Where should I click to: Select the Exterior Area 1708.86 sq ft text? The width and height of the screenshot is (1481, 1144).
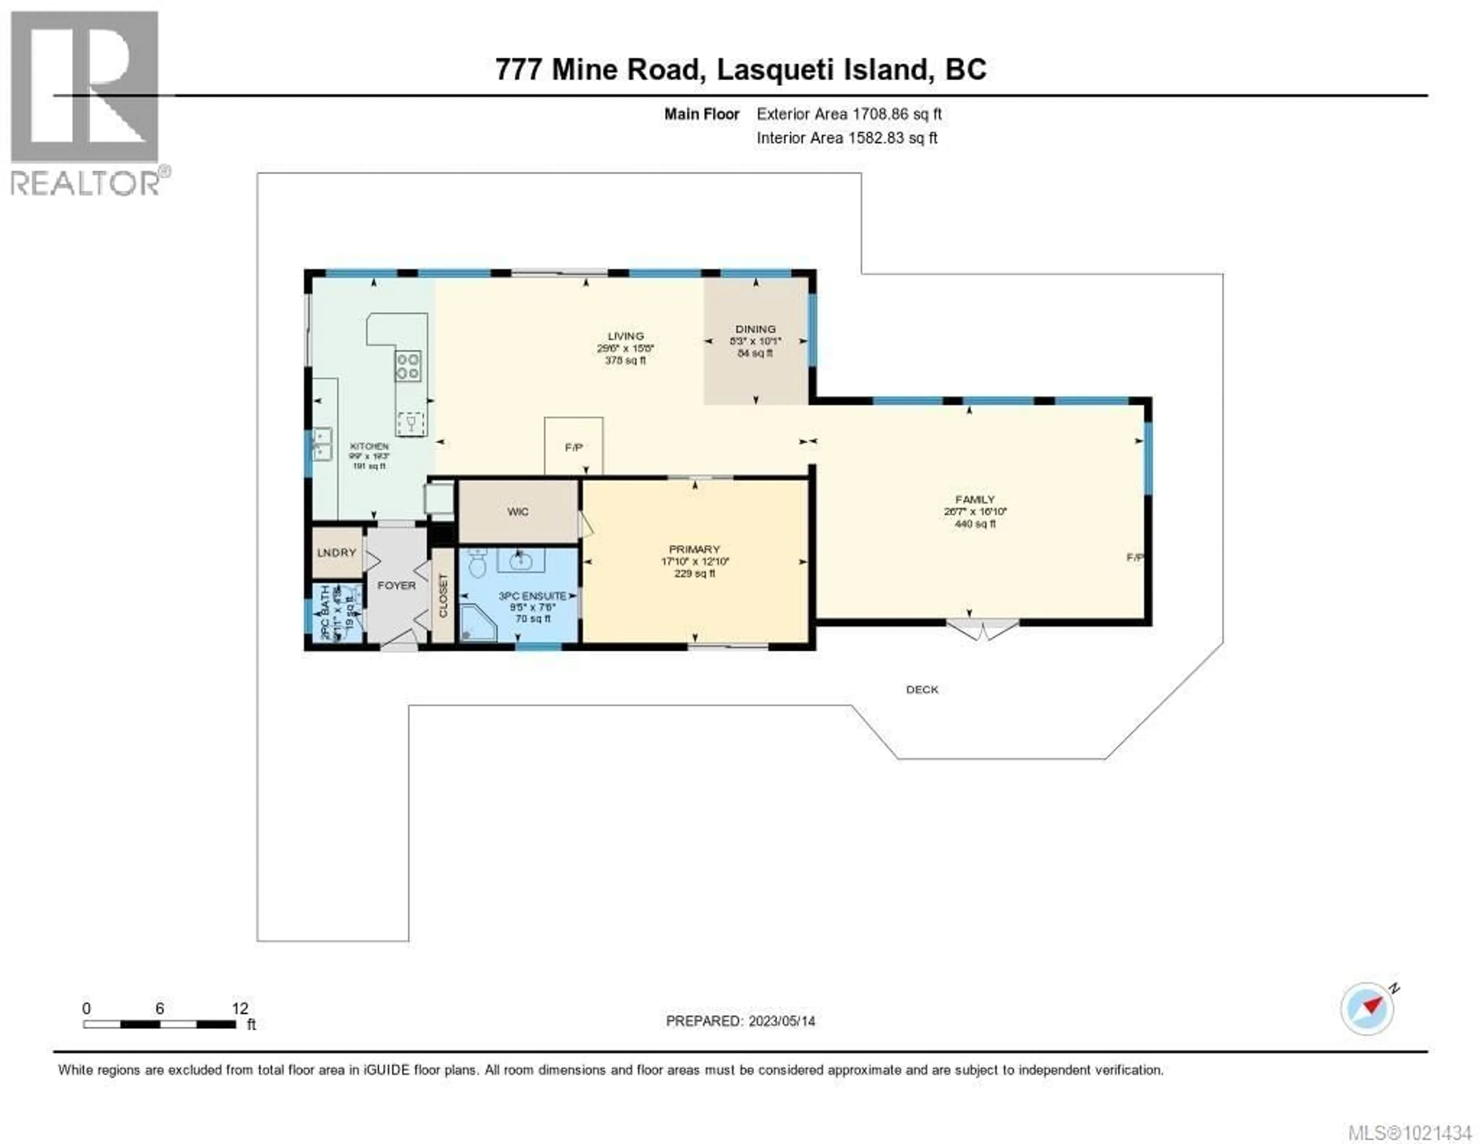coord(849,114)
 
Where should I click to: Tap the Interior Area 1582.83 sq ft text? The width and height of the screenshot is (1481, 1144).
coord(846,138)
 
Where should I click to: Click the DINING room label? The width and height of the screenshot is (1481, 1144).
coord(756,329)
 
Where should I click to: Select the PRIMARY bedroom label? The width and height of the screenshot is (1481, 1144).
coord(694,549)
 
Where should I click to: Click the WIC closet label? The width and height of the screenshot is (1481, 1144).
coord(518,512)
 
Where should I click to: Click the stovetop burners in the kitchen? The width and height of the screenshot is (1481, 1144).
coord(408,366)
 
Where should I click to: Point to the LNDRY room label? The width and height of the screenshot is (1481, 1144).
coord(336,553)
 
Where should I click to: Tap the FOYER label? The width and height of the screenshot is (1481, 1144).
coord(397,585)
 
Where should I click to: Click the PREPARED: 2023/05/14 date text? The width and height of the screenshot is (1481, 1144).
coord(740,1021)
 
